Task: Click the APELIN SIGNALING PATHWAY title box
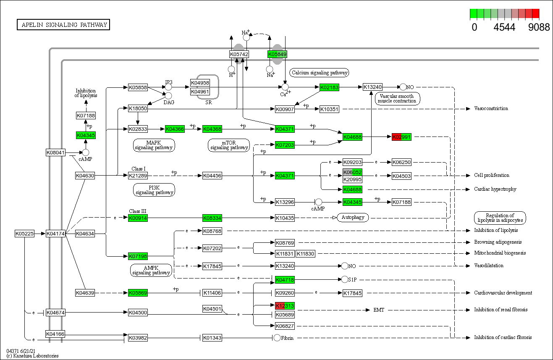(63, 25)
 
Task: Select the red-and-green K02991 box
(401, 137)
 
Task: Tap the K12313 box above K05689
(285, 305)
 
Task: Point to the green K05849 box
(277, 54)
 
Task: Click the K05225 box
(24, 233)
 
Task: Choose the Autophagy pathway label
(353, 217)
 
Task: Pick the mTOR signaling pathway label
(229, 145)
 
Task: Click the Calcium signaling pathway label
(320, 73)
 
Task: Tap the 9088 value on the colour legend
(539, 27)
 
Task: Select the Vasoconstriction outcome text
(491, 108)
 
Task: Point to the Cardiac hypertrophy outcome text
(495, 189)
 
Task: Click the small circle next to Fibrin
(277, 338)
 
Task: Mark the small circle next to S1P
(345, 279)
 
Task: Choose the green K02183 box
(329, 87)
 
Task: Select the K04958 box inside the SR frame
(200, 83)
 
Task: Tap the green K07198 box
(138, 256)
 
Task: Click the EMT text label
(379, 310)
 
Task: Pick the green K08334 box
(212, 218)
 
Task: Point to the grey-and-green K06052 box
(352, 172)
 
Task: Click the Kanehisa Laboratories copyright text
(32, 356)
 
